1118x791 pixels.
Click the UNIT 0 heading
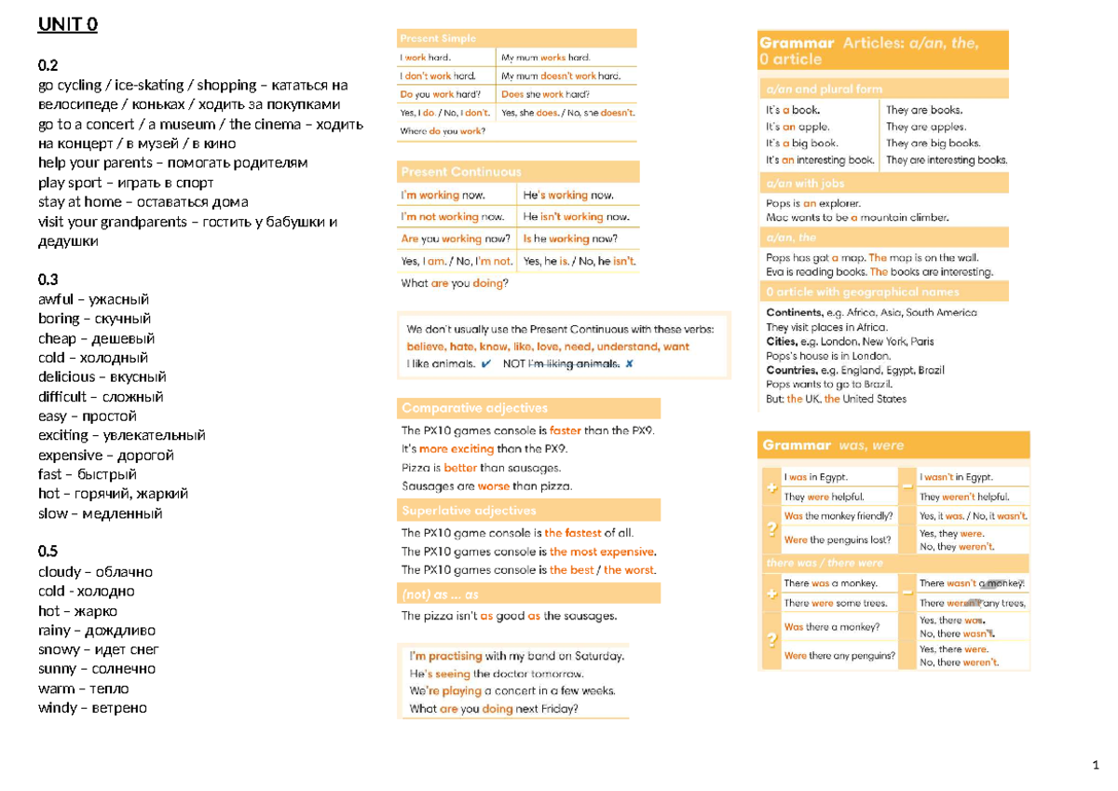(67, 25)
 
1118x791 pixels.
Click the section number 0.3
(48, 280)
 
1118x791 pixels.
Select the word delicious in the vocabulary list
(66, 377)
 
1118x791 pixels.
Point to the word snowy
(59, 649)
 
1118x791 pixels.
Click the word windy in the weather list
(58, 708)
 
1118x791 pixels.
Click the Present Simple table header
(438, 38)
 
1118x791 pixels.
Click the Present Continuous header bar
(461, 171)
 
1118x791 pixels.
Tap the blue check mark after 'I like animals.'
(487, 363)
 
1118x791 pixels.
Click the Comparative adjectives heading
(474, 408)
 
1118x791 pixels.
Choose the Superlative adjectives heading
(469, 511)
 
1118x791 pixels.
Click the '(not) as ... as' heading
(440, 594)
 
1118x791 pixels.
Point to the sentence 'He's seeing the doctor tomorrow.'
(496, 674)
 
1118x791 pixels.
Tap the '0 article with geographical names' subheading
(862, 292)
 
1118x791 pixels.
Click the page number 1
(1096, 766)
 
